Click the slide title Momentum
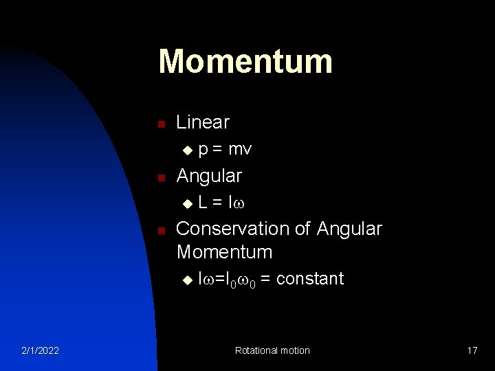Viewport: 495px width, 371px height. (245, 61)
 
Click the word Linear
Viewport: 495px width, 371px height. (203, 122)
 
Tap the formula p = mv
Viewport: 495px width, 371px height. (225, 149)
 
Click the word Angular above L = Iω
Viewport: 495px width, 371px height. (209, 176)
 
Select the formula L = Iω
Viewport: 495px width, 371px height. (222, 203)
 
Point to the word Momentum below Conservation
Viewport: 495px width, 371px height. (224, 252)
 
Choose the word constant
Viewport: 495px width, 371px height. (310, 278)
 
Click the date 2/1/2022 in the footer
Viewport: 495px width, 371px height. (40, 350)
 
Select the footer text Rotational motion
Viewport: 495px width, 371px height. (272, 350)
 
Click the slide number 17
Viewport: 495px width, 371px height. (472, 350)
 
